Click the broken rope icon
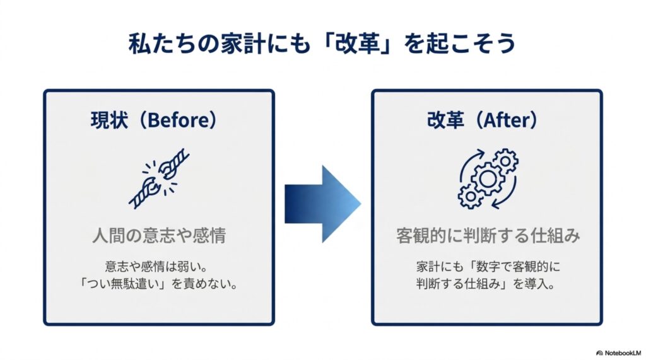(159, 178)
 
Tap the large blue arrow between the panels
(323, 204)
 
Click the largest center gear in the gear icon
(488, 179)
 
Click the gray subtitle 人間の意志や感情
(159, 236)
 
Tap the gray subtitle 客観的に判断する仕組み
(488, 236)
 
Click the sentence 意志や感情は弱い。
(156, 267)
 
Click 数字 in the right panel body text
(489, 267)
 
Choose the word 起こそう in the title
(469, 44)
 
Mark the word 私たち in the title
(161, 44)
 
